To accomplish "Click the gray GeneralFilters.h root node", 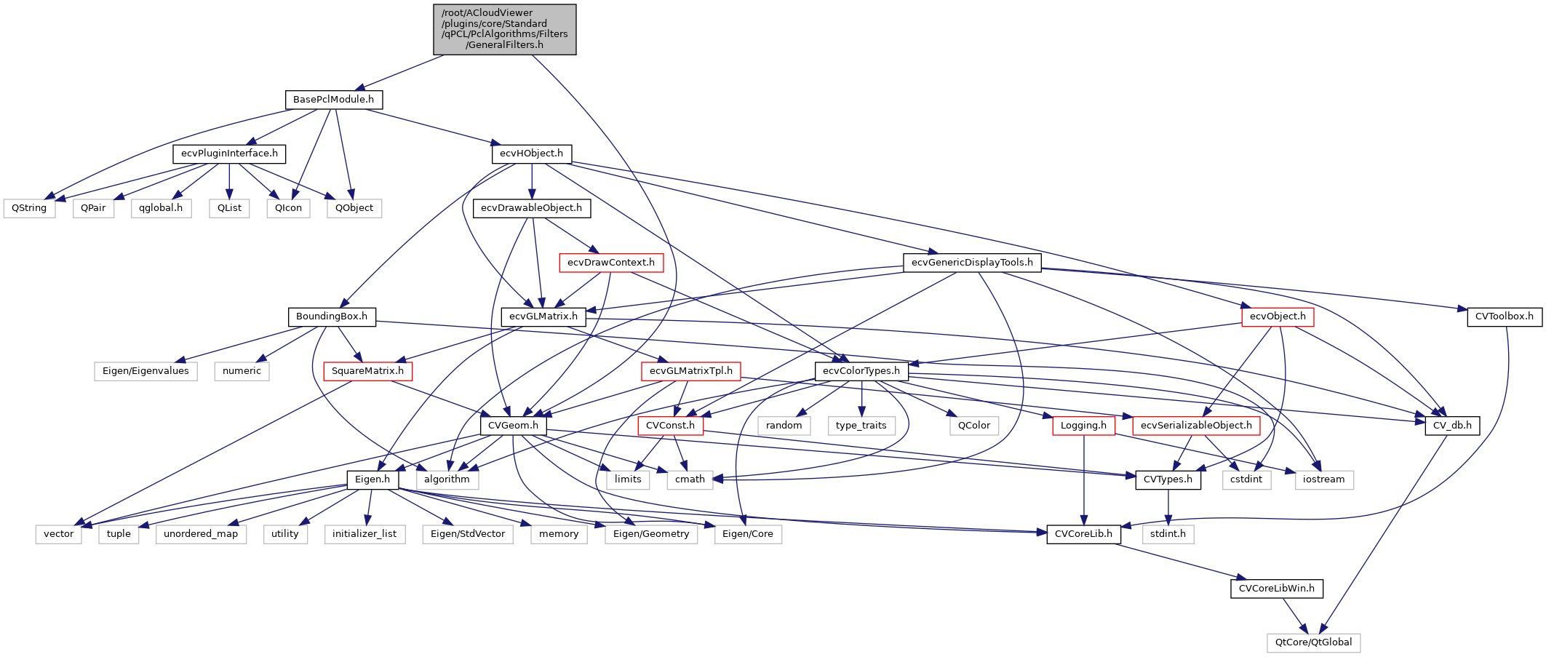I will point(505,29).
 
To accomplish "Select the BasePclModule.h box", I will point(333,100).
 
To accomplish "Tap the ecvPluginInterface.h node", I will point(229,154).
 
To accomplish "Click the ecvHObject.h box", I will point(531,154).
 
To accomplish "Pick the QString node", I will point(29,208).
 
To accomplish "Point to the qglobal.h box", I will point(161,208).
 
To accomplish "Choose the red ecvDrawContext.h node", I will point(610,263).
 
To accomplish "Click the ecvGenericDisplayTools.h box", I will point(972,263).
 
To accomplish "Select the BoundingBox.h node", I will point(332,316).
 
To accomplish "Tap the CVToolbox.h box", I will point(1504,316).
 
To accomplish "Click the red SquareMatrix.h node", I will point(367,371).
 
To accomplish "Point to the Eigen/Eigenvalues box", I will point(146,371).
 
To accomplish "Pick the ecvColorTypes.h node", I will point(861,371).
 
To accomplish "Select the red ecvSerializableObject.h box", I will point(1196,426).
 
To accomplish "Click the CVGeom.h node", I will point(513,426).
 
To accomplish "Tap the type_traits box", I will point(861,426).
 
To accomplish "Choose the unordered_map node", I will point(201,534).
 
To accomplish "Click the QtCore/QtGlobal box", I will point(1313,642).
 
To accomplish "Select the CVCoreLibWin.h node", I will point(1276,589).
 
